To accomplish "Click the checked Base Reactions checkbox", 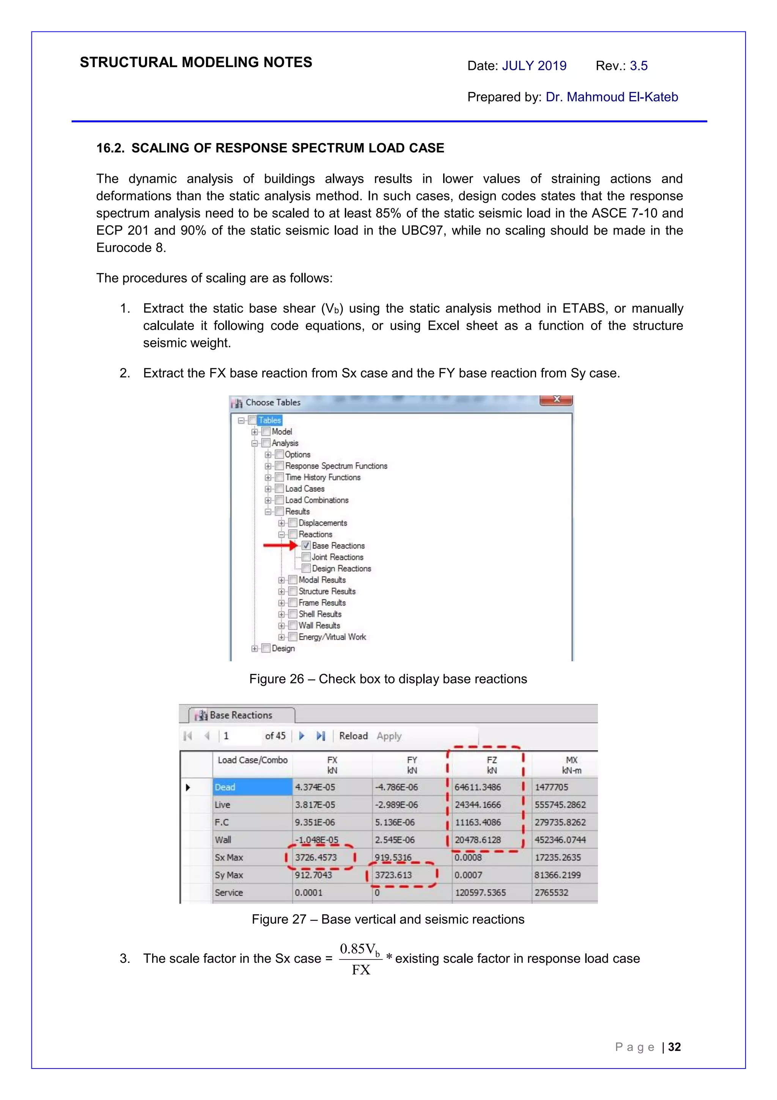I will point(306,545).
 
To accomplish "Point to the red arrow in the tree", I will point(280,545).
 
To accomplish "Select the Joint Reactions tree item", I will point(337,557).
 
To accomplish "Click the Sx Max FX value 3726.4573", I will point(316,857).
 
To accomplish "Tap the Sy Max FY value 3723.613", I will point(393,875).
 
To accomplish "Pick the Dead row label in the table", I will point(225,787).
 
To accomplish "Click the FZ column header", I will point(492,765).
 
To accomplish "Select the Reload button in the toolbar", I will point(353,736).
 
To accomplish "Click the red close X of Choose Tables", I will point(556,399).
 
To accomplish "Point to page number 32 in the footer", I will point(675,1047).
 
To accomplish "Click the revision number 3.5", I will point(638,66).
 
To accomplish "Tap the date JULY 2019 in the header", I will point(534,66).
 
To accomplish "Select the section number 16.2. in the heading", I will point(110,148).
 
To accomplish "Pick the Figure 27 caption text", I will point(388,919).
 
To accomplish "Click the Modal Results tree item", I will point(322,580).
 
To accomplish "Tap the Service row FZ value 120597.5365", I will point(480,893).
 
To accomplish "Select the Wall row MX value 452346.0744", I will point(560,840).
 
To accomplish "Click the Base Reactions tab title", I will point(241,715).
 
